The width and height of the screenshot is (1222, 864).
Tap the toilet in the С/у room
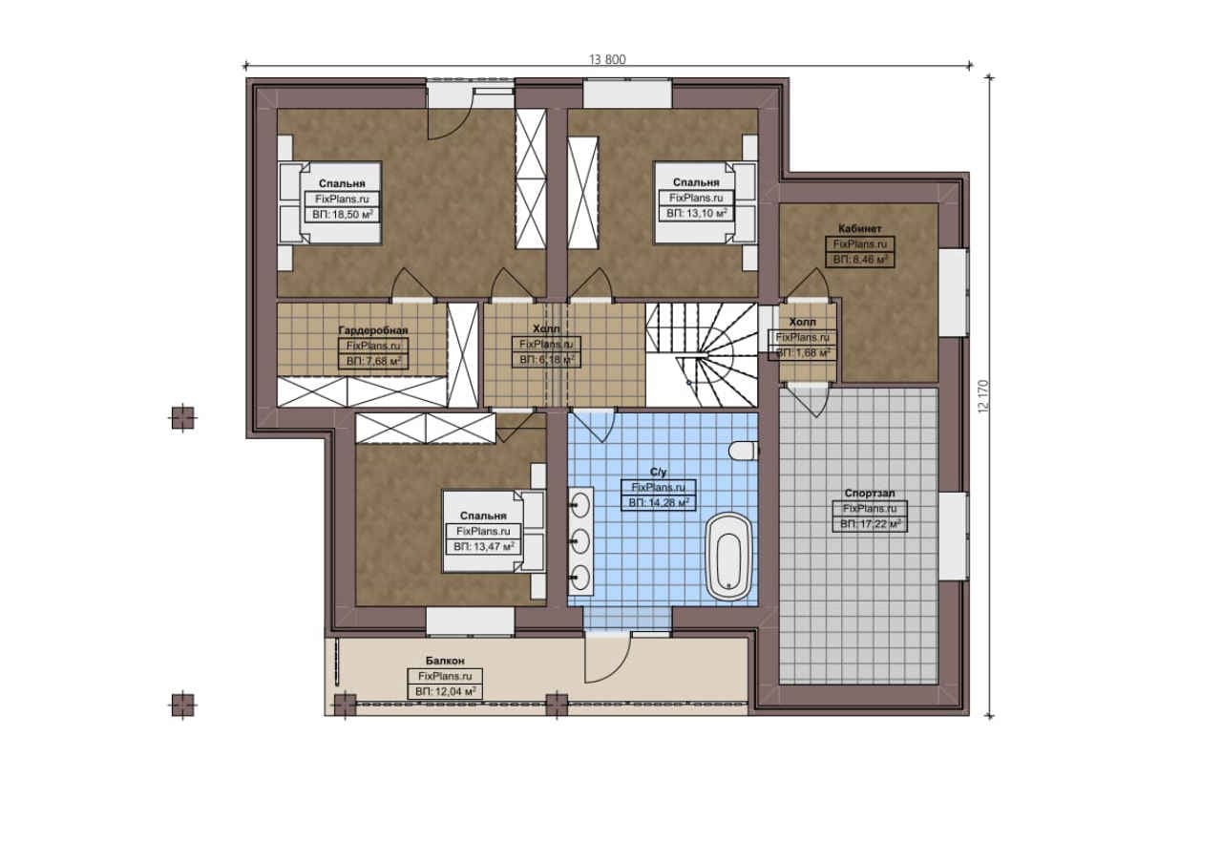[744, 451]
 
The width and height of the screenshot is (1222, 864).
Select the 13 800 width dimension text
[607, 59]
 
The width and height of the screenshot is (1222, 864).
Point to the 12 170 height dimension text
[983, 395]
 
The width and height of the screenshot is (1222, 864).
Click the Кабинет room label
[860, 228]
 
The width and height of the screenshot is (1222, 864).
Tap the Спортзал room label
[870, 493]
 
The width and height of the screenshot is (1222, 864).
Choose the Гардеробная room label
[373, 330]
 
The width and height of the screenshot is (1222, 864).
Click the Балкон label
[445, 661]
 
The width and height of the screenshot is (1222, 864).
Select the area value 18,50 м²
[343, 215]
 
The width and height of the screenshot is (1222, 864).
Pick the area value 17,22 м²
[870, 524]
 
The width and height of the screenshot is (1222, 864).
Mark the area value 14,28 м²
[659, 502]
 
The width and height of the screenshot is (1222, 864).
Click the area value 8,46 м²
[860, 260]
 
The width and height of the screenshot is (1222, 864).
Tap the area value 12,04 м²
[445, 691]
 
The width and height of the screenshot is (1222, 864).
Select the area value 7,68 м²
[373, 361]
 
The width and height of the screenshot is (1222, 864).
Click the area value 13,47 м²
[484, 546]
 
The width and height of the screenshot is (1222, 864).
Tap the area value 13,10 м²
[697, 213]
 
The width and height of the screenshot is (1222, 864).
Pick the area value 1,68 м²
[803, 353]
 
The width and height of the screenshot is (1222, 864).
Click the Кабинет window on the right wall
[954, 292]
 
